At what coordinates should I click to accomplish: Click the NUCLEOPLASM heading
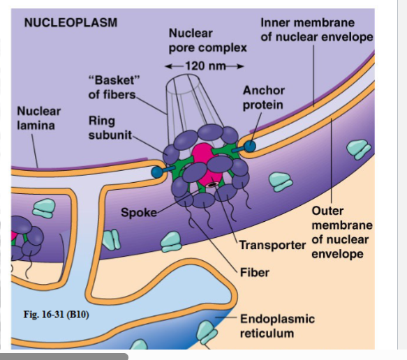[x=71, y=22]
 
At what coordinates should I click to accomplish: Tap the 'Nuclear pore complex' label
[x=207, y=40]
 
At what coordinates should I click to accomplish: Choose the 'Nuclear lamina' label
[x=38, y=118]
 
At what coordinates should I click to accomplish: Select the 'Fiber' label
[x=254, y=271]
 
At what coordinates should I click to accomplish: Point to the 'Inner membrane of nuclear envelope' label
[x=317, y=30]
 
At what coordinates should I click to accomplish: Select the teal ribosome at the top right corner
[x=360, y=149]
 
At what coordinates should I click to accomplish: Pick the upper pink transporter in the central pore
[x=202, y=153]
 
